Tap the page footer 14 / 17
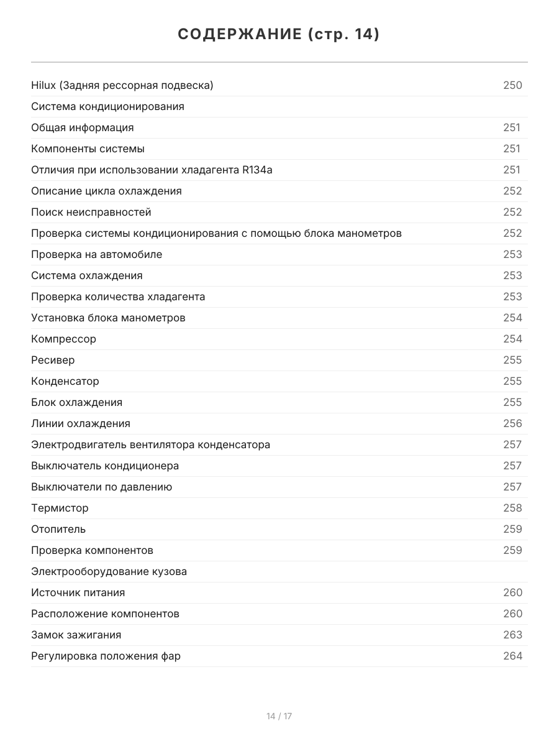point(279,716)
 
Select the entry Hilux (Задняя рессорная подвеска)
point(122,85)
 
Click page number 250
point(512,85)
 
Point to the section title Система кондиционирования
point(107,106)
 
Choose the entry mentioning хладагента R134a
point(152,170)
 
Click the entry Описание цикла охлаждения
point(106,191)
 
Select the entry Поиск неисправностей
point(91,212)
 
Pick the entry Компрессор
point(63,339)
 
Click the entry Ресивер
point(53,360)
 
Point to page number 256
point(512,423)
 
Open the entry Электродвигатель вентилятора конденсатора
point(150,444)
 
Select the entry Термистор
point(60,508)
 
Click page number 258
point(512,508)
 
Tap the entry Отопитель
point(58,529)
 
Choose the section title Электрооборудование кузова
point(109,571)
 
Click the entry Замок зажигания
point(76,635)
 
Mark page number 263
point(512,635)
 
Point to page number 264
point(512,656)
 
